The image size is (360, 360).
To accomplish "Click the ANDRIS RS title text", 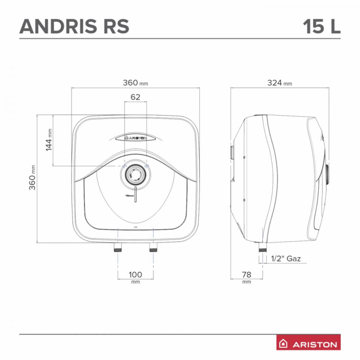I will click(x=75, y=27).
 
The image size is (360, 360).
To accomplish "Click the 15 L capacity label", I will click(x=321, y=27).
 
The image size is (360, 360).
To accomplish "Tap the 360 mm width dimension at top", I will click(x=135, y=83).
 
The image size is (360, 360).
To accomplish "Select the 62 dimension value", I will click(x=135, y=97).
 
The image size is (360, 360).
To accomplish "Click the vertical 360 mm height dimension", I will click(x=33, y=178).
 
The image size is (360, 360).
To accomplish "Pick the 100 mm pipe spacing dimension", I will click(x=135, y=274).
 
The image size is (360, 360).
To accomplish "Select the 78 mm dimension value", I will click(x=246, y=274).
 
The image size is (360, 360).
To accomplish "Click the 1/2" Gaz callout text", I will click(x=286, y=259).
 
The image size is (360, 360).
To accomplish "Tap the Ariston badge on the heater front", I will click(x=135, y=138).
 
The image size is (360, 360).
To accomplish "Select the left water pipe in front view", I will click(x=118, y=247).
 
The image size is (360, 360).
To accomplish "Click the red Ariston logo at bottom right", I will click(x=308, y=344).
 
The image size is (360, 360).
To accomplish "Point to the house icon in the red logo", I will click(x=284, y=344).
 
